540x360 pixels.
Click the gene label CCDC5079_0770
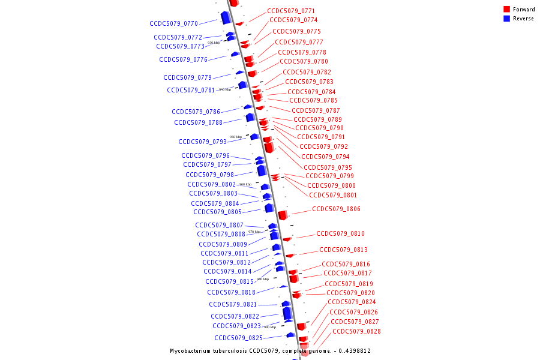click(173, 24)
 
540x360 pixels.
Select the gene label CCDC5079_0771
click(291, 11)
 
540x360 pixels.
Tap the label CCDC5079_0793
click(202, 142)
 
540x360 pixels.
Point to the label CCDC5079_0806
click(336, 209)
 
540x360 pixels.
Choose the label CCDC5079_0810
click(340, 234)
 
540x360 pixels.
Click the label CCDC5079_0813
click(343, 250)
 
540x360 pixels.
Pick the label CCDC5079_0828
click(356, 332)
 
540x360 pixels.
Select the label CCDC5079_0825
click(238, 338)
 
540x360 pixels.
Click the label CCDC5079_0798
click(209, 175)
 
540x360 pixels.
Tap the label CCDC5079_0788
click(198, 123)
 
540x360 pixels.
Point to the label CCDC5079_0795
click(328, 168)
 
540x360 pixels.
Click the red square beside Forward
click(507, 10)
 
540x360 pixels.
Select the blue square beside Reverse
click(507, 19)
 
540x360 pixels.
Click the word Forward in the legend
click(524, 10)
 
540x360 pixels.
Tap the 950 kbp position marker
click(236, 137)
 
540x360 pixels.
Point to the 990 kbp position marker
click(270, 327)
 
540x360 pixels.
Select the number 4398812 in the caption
click(357, 351)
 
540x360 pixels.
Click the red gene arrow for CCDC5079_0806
click(282, 215)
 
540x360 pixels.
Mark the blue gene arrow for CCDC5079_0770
click(226, 17)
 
